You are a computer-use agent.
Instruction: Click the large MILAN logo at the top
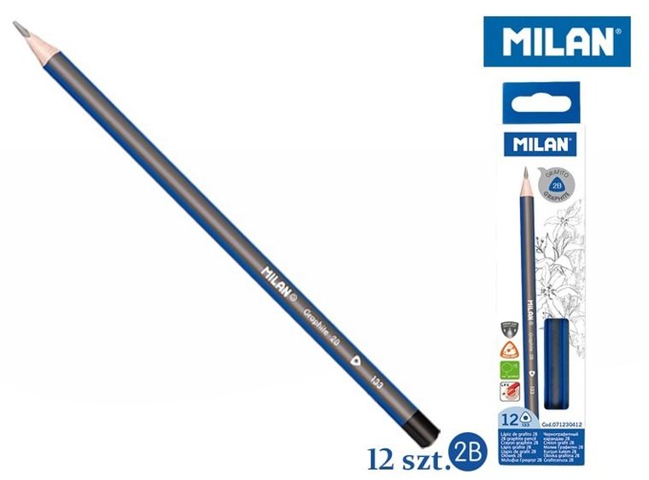(556, 42)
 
